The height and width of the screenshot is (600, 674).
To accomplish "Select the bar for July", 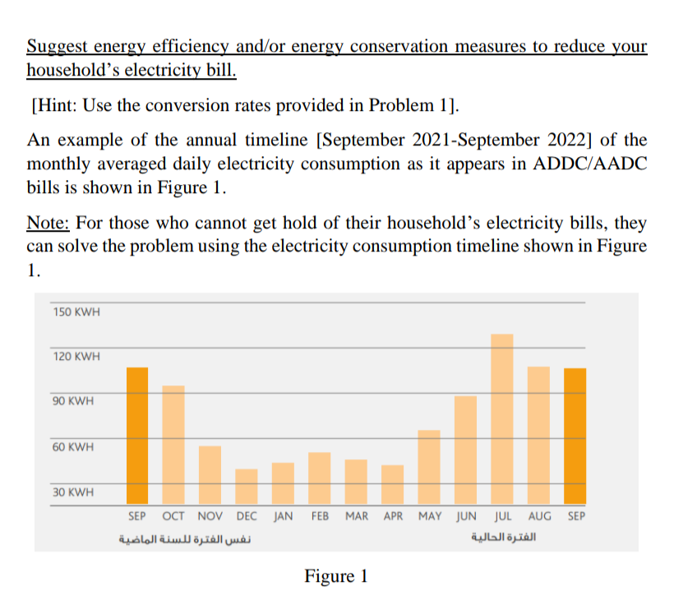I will click(x=502, y=419).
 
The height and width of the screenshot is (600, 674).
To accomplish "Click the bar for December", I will click(x=247, y=487).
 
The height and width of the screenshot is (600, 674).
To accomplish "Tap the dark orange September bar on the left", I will click(x=137, y=436).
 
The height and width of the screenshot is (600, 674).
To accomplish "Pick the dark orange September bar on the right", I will click(x=575, y=436).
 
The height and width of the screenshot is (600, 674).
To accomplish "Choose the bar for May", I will click(x=429, y=467).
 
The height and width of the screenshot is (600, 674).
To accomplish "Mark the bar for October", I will click(x=173, y=445).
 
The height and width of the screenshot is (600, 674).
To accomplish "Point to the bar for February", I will click(x=320, y=478).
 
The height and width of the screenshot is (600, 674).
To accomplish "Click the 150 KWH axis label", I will click(x=76, y=312).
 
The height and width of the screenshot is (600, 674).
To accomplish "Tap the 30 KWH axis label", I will click(x=73, y=492).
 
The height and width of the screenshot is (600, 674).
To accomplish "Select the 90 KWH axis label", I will click(x=73, y=402).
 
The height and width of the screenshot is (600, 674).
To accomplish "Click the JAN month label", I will click(x=283, y=516).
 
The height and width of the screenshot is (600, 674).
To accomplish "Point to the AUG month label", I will click(x=539, y=516).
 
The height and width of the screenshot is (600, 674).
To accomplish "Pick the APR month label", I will click(x=393, y=516).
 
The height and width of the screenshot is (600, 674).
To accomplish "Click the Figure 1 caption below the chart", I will click(x=336, y=575).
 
